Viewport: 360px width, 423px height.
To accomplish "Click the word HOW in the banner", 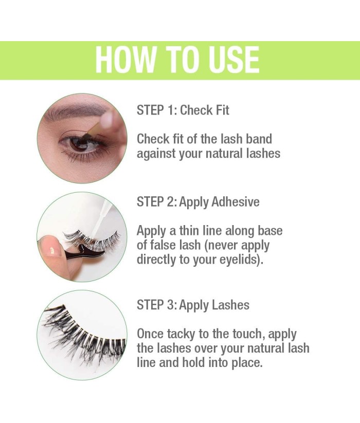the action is tap(125, 60).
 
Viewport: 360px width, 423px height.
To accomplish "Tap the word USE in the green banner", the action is tap(233, 60).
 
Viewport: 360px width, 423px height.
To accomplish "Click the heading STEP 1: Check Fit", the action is tap(183, 111).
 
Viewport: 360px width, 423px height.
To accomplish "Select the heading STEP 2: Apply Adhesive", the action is tap(198, 202).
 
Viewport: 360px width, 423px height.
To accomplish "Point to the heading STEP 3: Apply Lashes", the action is tap(193, 305).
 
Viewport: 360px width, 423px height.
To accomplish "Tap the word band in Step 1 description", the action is tap(259, 139).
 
